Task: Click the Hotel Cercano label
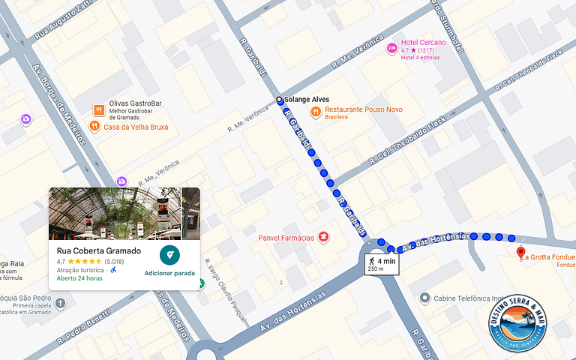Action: point(423,43)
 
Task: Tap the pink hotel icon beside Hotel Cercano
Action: point(391,48)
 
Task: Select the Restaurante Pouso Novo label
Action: point(363,109)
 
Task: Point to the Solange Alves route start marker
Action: point(280,100)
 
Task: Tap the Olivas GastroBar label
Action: point(135,103)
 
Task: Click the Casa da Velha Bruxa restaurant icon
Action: point(94,127)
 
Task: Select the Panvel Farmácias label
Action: point(285,238)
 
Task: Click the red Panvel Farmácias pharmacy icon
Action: point(323,238)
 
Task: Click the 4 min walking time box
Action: point(382,263)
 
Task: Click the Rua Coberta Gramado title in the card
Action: point(99,250)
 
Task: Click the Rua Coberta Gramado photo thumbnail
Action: point(115,213)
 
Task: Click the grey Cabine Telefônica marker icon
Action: point(424,298)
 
